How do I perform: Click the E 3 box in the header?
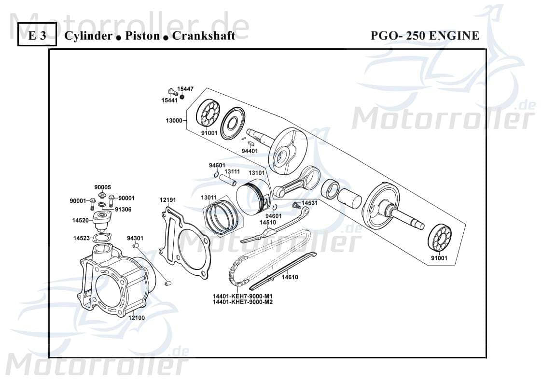pyautogui.click(x=37, y=35)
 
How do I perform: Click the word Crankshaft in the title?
pyautogui.click(x=204, y=36)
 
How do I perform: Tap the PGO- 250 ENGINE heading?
pyautogui.click(x=425, y=36)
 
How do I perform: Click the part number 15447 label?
pyautogui.click(x=185, y=89)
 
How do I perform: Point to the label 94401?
pyautogui.click(x=250, y=151)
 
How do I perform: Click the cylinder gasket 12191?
pyautogui.click(x=186, y=241)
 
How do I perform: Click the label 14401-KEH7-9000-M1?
pyautogui.click(x=242, y=296)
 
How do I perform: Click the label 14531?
pyautogui.click(x=309, y=203)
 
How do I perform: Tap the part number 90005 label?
pyautogui.click(x=102, y=187)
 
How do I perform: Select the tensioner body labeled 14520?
pyautogui.click(x=102, y=219)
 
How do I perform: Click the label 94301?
pyautogui.click(x=135, y=238)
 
